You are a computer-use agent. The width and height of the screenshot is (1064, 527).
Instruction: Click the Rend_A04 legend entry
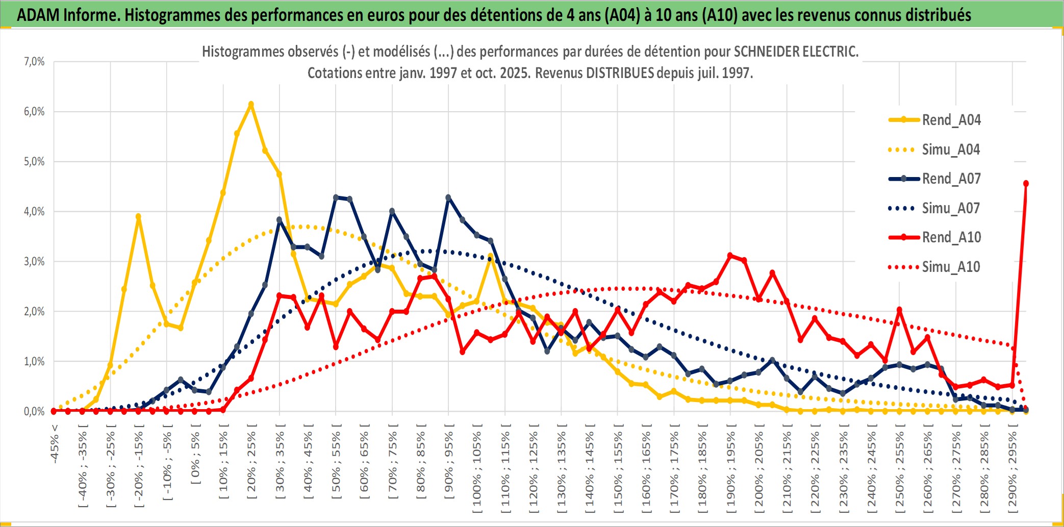(x=951, y=120)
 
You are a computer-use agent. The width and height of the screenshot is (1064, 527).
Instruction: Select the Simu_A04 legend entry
(x=951, y=149)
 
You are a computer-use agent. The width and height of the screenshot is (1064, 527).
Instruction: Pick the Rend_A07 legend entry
(x=951, y=179)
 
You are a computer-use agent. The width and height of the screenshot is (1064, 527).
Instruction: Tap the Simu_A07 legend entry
(x=951, y=208)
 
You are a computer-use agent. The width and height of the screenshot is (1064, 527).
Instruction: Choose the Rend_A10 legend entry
(x=951, y=237)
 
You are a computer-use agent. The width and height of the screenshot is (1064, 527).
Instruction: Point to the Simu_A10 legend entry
(x=951, y=267)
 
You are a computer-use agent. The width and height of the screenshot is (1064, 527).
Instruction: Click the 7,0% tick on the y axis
(x=34, y=62)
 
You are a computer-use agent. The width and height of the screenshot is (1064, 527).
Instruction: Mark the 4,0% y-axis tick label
(x=34, y=211)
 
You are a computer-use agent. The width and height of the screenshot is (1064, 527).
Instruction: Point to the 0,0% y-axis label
(x=34, y=411)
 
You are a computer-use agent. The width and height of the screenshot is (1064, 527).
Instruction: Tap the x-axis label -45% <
(x=55, y=444)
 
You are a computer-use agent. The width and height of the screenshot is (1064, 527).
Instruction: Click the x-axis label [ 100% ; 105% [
(x=477, y=469)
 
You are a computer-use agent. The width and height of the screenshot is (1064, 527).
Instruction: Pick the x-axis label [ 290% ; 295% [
(x=1012, y=469)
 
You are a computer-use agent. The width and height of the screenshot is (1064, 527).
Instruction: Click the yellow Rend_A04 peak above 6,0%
(x=251, y=105)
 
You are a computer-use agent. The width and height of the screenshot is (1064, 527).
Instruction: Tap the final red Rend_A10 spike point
(x=1026, y=184)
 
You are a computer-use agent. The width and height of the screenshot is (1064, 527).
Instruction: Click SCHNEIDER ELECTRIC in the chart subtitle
(x=796, y=52)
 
